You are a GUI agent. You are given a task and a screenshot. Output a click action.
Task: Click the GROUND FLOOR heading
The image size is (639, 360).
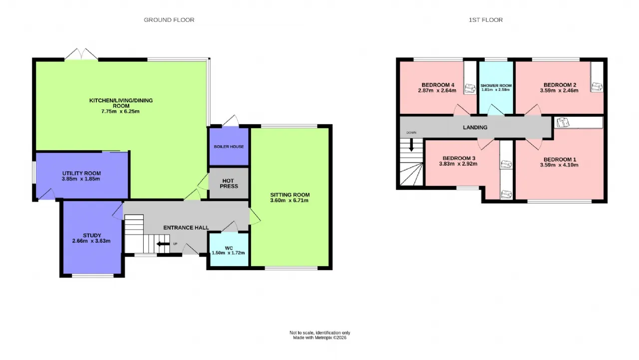169,20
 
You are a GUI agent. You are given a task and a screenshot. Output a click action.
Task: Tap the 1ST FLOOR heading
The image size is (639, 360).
486,20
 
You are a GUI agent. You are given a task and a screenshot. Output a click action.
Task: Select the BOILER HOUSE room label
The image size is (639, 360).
229,147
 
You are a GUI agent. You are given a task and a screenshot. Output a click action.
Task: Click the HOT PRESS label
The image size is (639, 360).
229,183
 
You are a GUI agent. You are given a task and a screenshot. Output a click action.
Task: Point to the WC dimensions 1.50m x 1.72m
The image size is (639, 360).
228,253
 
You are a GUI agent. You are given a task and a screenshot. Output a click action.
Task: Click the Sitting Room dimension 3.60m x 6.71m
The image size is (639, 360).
289,200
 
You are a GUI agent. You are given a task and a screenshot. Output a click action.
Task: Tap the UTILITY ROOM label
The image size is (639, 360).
81,173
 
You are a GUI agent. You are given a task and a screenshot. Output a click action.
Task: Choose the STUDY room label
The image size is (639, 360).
92,235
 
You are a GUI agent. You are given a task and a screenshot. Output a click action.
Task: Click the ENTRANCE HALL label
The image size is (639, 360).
186,228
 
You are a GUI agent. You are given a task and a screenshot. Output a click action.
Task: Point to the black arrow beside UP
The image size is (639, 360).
163,244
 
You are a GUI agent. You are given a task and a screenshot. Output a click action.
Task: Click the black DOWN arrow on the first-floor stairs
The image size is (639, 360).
411,145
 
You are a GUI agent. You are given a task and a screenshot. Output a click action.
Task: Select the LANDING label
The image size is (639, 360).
475,127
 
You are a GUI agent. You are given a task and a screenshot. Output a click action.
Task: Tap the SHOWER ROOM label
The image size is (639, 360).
496,85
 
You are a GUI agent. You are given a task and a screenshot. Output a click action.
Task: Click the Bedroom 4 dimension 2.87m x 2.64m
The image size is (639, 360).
437,91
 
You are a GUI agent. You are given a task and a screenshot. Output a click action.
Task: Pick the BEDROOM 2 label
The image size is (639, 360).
560,85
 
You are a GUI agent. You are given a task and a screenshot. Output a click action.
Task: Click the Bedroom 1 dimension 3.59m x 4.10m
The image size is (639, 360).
559,165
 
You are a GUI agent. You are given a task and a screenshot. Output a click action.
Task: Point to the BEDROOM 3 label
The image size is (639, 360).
459,158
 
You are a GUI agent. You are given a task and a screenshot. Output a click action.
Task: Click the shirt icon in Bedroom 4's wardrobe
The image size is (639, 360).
470,88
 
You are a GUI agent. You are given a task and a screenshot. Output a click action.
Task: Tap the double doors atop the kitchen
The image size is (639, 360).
81,54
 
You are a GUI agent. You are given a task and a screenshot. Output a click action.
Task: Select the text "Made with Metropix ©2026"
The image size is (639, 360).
320,338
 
